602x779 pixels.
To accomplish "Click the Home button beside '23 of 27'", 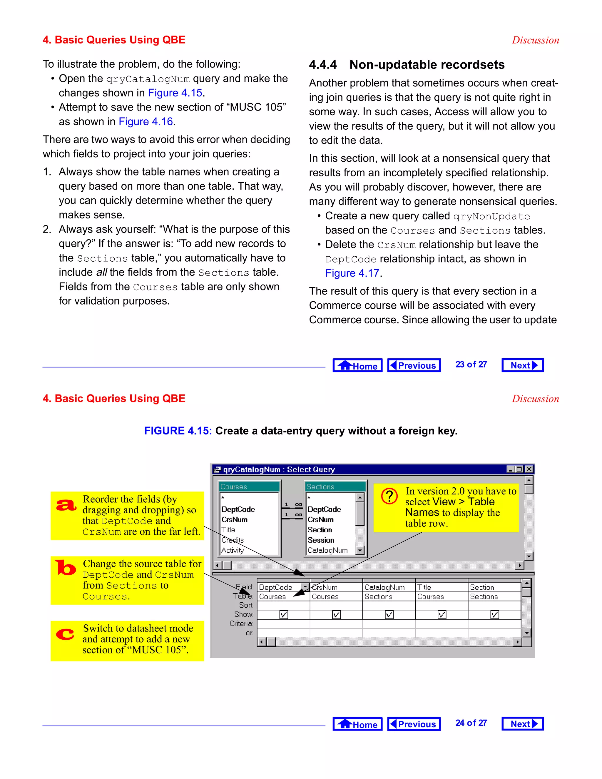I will pos(357,365).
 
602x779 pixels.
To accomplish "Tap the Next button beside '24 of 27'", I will pos(522,724).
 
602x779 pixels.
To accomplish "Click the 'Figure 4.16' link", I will pos(146,122).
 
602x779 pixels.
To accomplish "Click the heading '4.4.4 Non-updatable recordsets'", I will pos(407,65).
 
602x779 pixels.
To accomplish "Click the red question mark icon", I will pos(389,496).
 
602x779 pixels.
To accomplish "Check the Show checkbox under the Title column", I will pos(442,615).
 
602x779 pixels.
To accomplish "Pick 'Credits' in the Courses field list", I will pos(233,540).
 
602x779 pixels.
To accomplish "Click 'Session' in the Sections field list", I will pos(321,540).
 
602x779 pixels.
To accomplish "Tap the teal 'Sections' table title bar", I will pos(335,487).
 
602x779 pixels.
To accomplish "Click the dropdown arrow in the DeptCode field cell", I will pos(305,587).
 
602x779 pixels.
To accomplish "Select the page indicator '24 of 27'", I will pos(471,723).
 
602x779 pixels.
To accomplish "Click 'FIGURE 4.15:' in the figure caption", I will pos(178,431).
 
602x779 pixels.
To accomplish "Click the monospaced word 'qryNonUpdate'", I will pos(491,217).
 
